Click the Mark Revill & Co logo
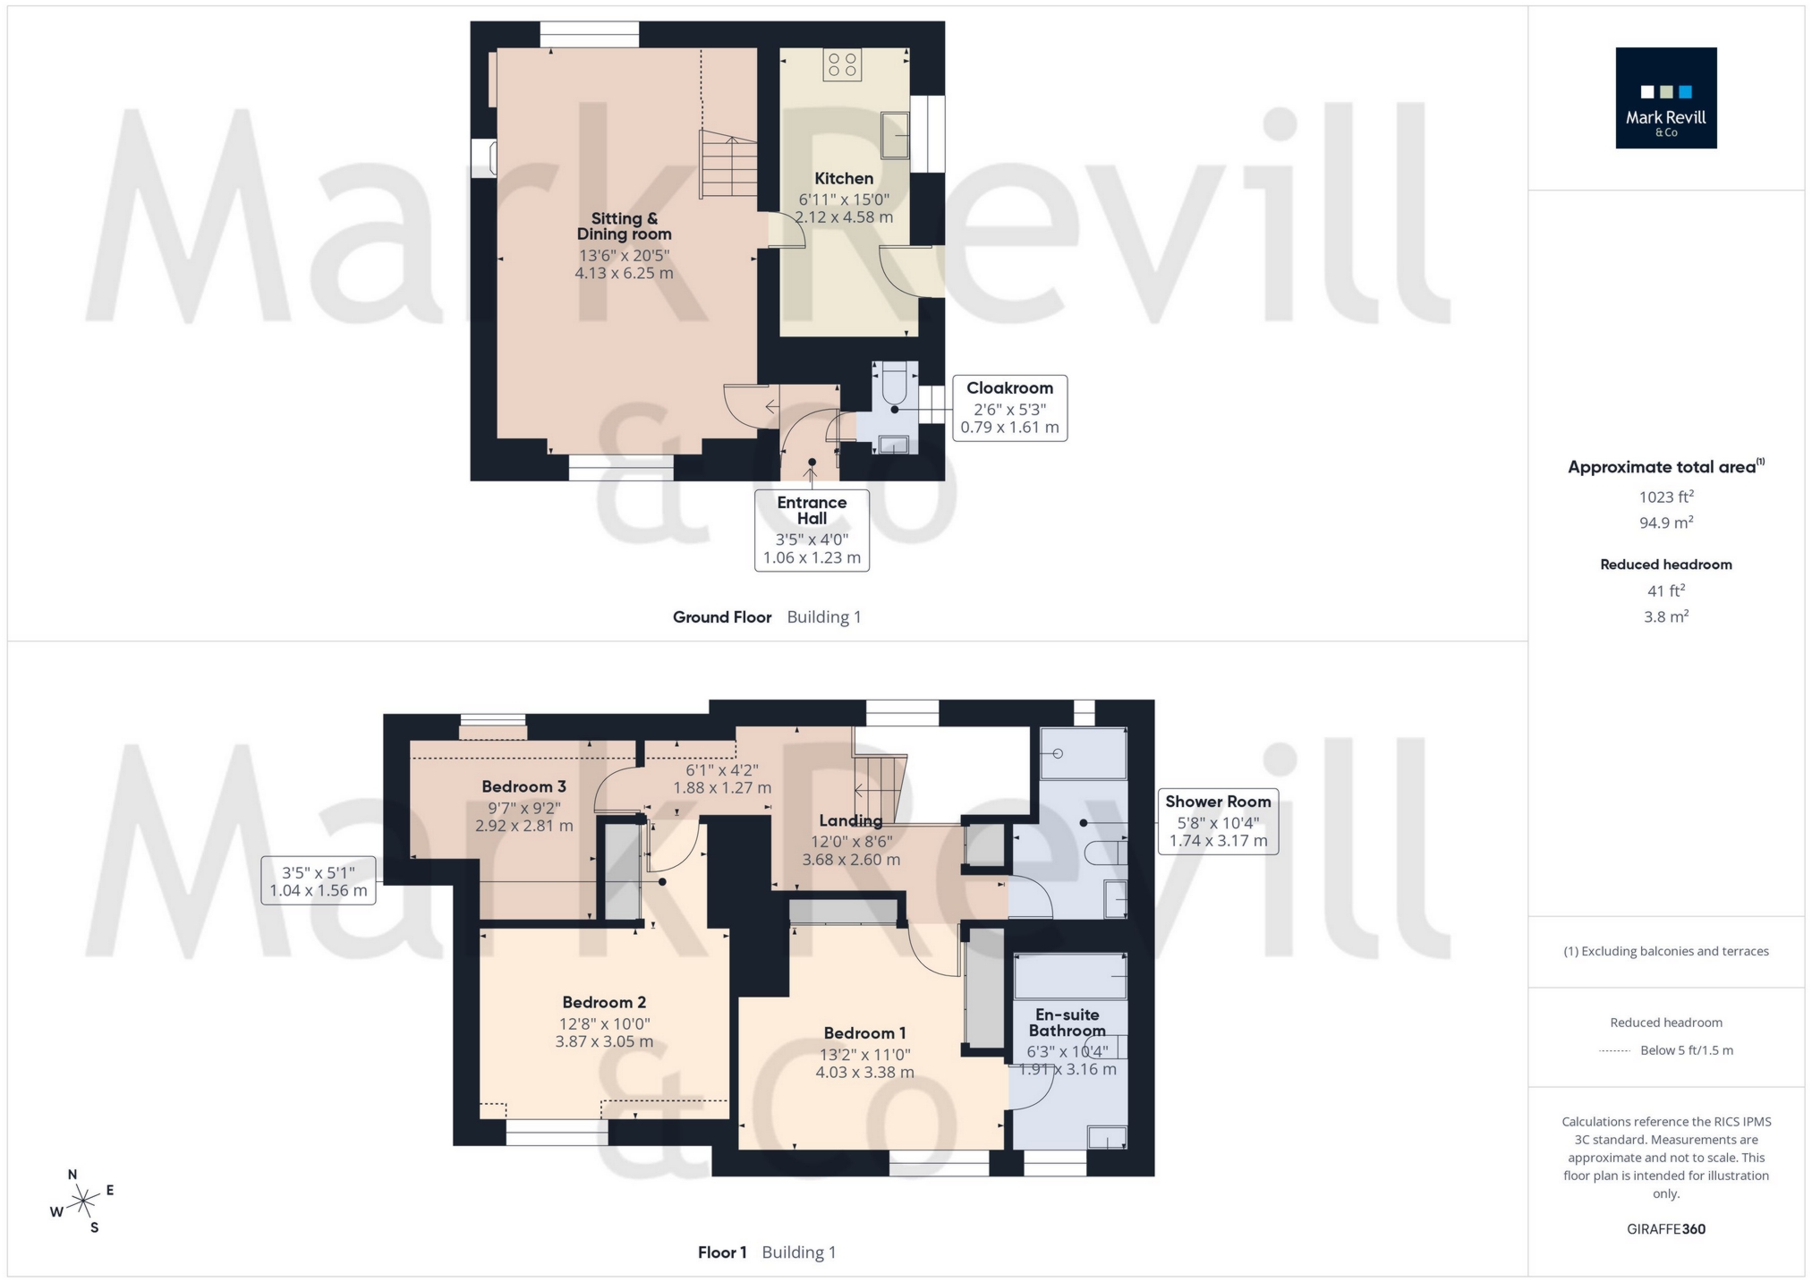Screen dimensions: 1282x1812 click(x=1665, y=98)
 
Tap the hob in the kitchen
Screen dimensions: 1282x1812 click(x=841, y=64)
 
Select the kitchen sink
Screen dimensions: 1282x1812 click(x=895, y=135)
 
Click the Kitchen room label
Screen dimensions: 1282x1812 click(x=844, y=179)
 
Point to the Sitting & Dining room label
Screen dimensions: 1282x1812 click(x=624, y=226)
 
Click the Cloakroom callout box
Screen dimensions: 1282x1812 click(x=1009, y=407)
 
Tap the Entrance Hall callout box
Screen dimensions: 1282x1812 click(x=812, y=530)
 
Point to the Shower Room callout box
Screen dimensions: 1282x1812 click(x=1218, y=821)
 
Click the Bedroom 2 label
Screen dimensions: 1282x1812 click(x=604, y=1003)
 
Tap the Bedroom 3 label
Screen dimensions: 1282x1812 click(x=523, y=787)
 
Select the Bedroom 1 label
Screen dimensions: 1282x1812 click(x=864, y=1033)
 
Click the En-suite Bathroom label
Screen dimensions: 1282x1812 click(x=1067, y=1023)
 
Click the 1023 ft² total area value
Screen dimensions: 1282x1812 click(x=1665, y=497)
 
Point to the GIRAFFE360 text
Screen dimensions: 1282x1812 click(x=1665, y=1229)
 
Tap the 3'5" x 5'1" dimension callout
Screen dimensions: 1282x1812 click(x=319, y=880)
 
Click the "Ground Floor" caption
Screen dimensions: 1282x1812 click(x=722, y=617)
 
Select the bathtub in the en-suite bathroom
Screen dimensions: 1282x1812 click(x=1070, y=975)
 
